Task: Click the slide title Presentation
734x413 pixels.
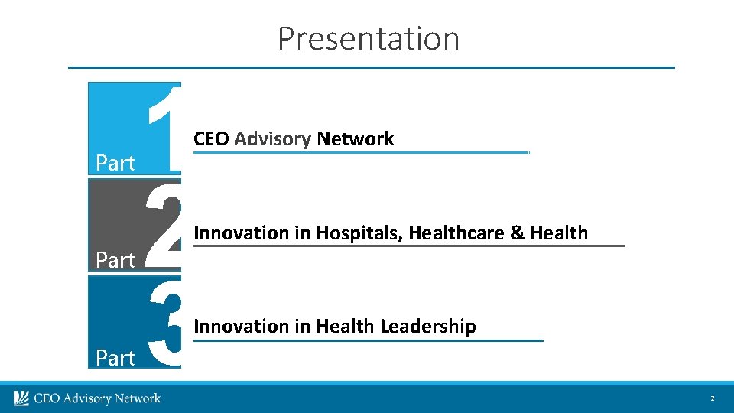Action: click(x=368, y=38)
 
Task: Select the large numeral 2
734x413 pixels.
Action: click(x=164, y=224)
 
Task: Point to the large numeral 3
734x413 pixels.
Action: click(x=164, y=322)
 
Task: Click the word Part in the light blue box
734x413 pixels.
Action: click(x=115, y=163)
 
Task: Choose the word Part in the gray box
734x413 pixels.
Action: click(x=115, y=260)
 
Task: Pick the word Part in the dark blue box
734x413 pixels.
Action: click(x=115, y=357)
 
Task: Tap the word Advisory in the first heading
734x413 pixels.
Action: click(x=272, y=139)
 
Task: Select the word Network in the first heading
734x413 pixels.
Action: click(x=355, y=139)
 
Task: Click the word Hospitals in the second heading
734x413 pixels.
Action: click(x=358, y=233)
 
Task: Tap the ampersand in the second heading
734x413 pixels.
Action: click(x=517, y=233)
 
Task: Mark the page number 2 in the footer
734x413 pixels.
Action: click(x=712, y=399)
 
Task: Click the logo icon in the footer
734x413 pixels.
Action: click(x=21, y=398)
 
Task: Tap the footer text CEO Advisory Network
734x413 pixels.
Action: click(x=96, y=398)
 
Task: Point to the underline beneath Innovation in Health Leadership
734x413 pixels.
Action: click(x=368, y=340)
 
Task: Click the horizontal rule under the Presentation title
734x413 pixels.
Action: click(x=372, y=67)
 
